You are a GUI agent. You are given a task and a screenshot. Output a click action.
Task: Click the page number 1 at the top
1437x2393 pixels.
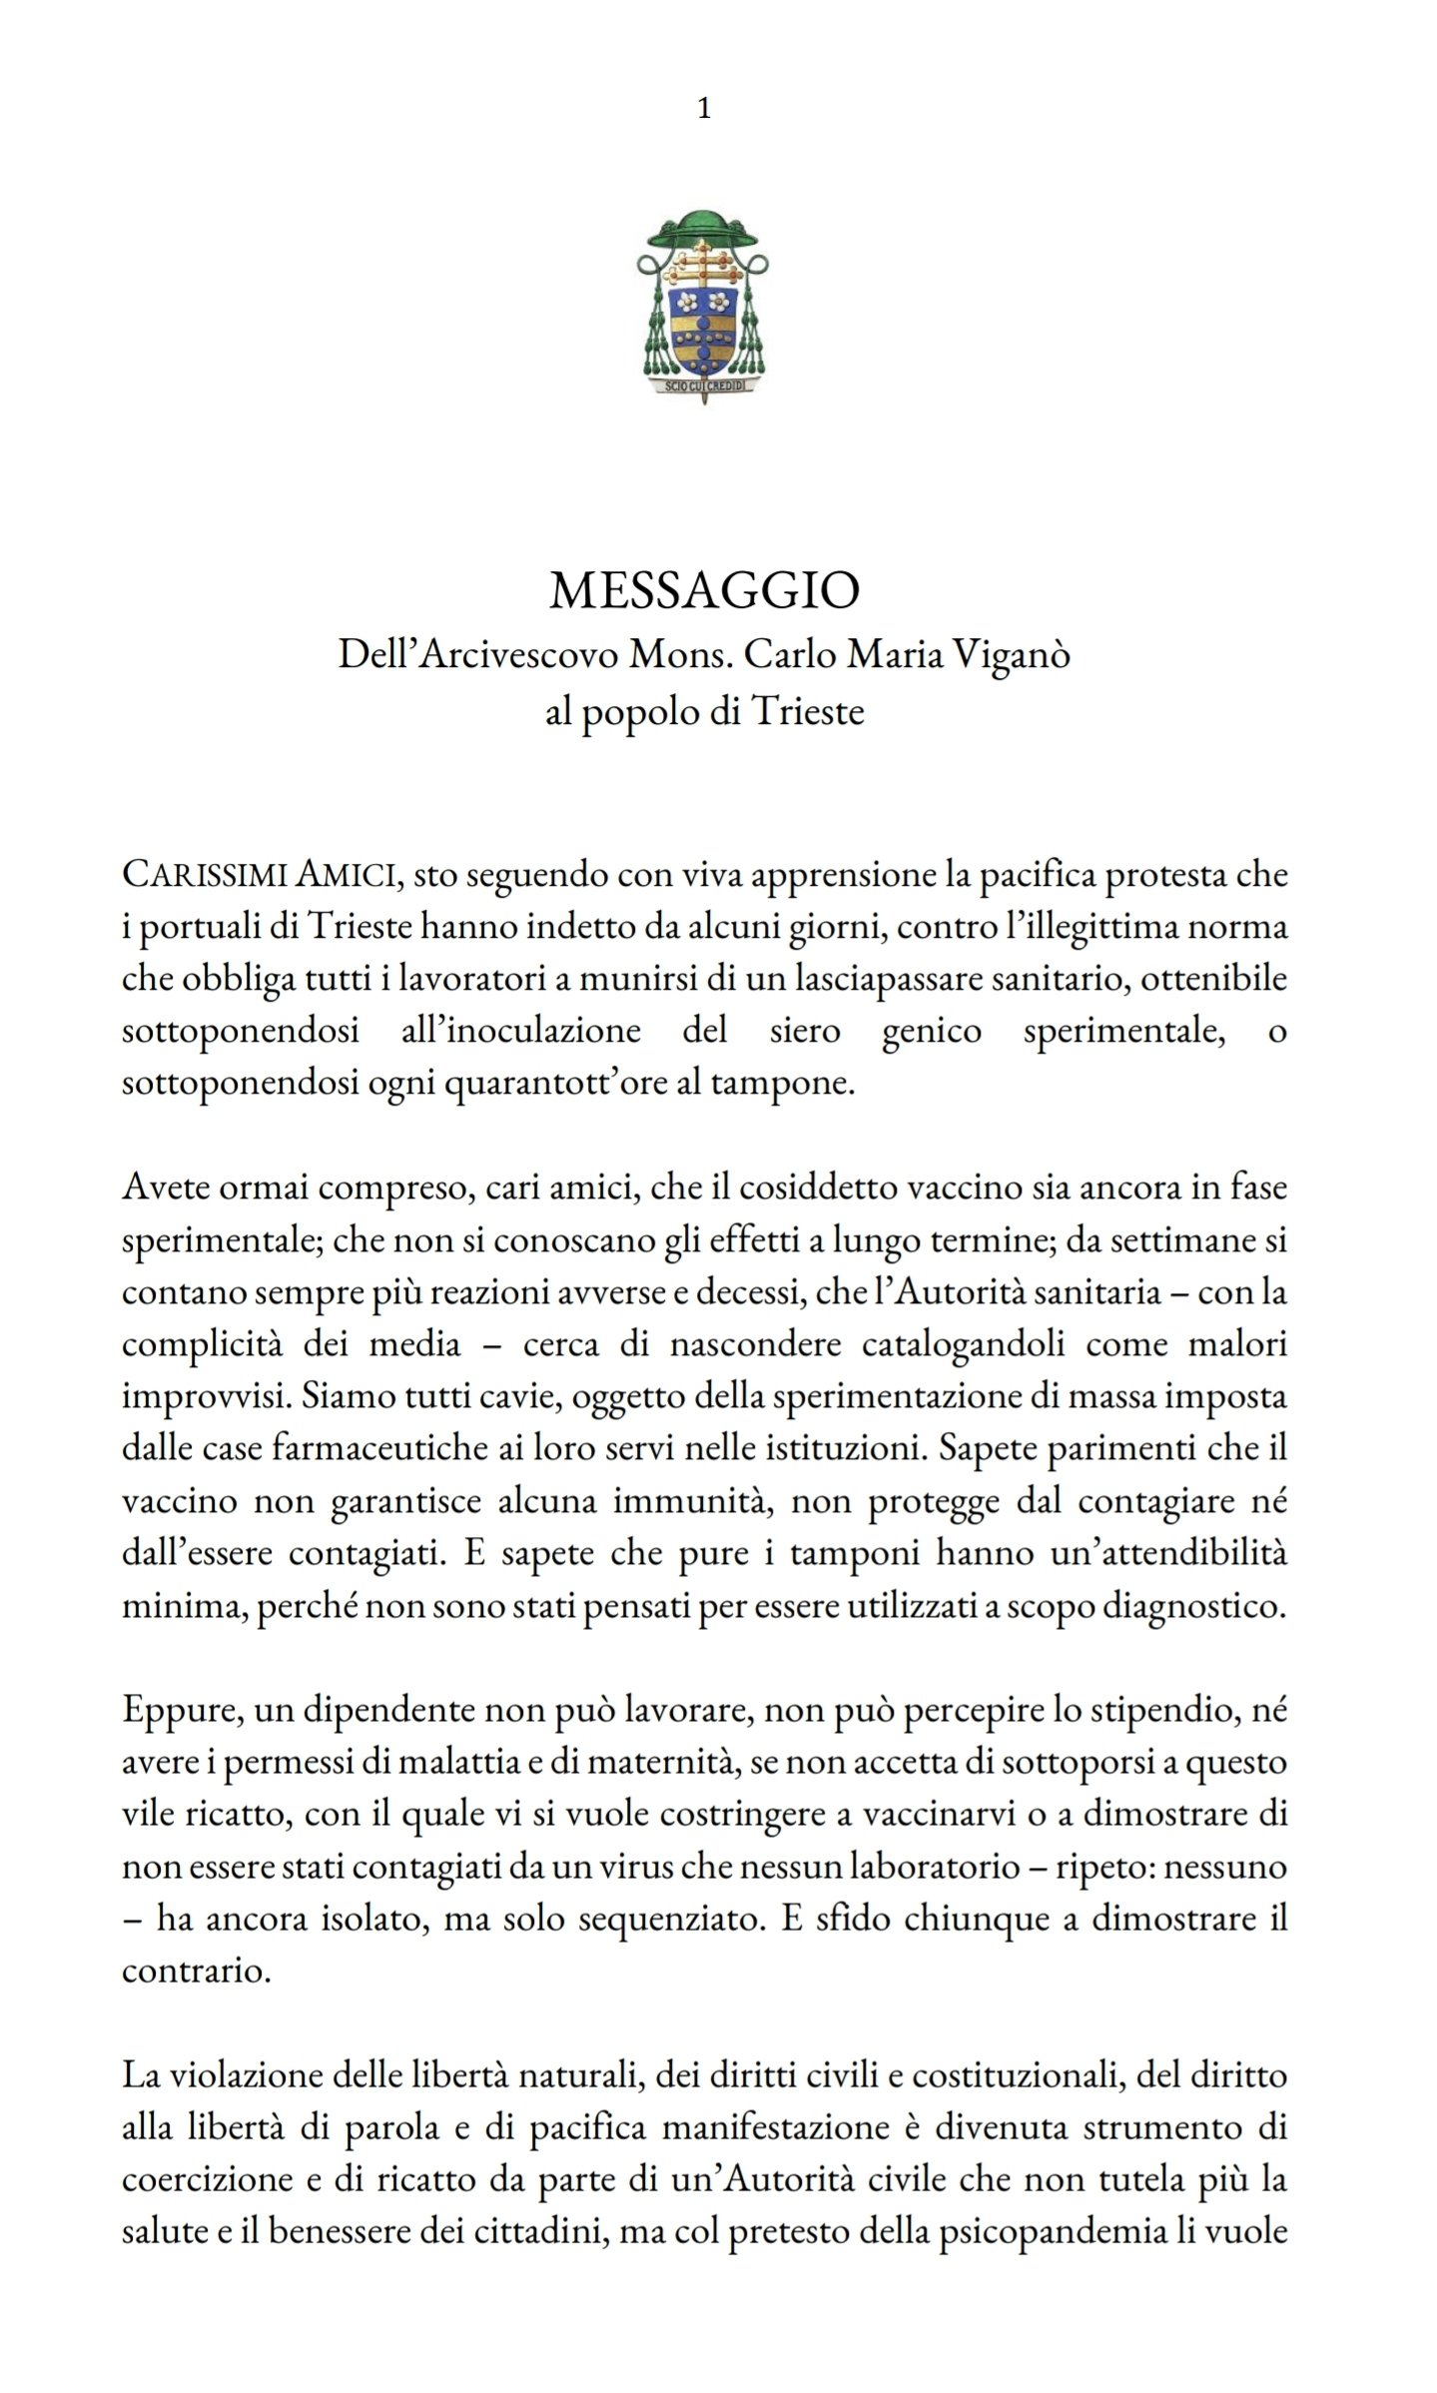[x=704, y=109]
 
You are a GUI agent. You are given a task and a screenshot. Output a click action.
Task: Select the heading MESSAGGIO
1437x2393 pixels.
[x=704, y=592]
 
